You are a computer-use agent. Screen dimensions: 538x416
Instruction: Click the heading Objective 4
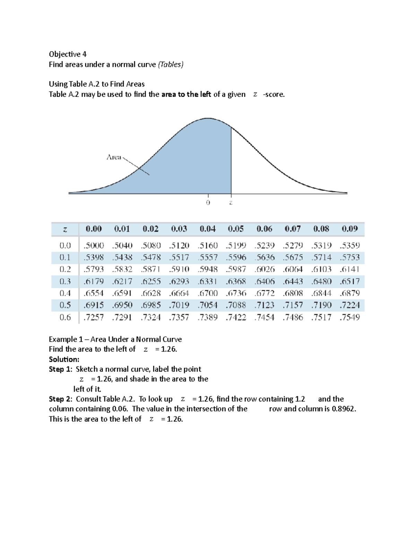68,54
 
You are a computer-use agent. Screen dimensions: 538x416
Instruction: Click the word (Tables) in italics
171,64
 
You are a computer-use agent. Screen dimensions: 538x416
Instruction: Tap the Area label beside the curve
114,157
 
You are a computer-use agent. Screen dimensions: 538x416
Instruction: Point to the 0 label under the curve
208,203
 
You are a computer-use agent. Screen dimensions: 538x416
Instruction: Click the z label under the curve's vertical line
231,203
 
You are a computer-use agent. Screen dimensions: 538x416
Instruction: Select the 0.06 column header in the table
264,229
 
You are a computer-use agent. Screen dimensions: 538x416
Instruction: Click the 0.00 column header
94,229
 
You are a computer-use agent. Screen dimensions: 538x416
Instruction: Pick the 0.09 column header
349,229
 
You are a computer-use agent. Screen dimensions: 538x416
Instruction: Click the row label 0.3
65,281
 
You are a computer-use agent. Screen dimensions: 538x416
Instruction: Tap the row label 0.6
65,317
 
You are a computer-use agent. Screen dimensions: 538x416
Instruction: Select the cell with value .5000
94,246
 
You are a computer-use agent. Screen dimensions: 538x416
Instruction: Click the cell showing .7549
349,317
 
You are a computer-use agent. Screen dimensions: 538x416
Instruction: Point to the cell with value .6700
208,293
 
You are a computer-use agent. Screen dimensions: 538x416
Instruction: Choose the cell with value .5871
150,270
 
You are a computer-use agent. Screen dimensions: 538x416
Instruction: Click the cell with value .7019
179,305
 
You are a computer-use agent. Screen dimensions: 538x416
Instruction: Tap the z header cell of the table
65,229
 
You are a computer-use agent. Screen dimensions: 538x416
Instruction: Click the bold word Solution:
64,359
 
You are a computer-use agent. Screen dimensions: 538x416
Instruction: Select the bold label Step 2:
61,399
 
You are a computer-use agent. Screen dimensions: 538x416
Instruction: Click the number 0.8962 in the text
344,409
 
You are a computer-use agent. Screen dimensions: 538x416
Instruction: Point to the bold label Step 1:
61,369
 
